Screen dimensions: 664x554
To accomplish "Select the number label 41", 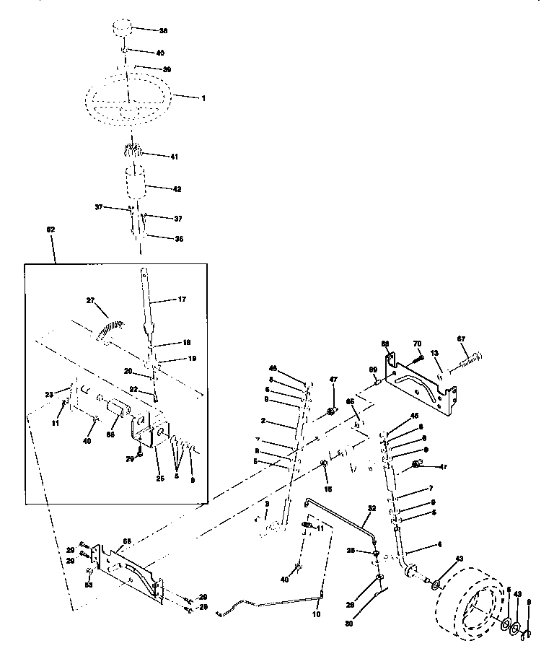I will [x=173, y=156].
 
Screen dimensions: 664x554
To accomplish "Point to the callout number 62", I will [x=50, y=229].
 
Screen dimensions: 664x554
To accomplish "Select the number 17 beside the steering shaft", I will [x=181, y=297].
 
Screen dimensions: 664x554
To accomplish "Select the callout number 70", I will [x=416, y=344].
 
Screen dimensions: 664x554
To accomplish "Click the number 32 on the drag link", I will [x=372, y=508].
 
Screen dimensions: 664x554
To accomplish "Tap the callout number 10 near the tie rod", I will [x=316, y=613].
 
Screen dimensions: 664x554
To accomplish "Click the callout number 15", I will [x=327, y=489].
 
